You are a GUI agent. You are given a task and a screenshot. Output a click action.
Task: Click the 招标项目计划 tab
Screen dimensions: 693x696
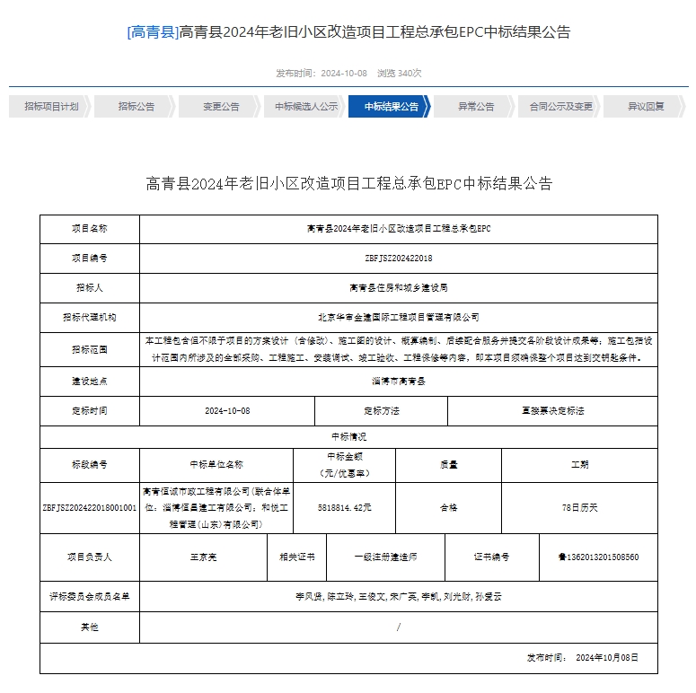[x=51, y=106]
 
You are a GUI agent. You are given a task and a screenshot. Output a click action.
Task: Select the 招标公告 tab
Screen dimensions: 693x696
[x=136, y=106]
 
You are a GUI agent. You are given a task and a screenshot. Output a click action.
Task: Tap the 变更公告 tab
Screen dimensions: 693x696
[x=220, y=106]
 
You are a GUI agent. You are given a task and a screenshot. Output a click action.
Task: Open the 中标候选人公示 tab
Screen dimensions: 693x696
[x=306, y=106]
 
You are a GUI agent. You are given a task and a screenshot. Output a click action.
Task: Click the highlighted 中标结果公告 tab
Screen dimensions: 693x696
[x=392, y=106]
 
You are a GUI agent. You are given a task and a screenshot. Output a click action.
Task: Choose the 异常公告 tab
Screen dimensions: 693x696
[x=476, y=106]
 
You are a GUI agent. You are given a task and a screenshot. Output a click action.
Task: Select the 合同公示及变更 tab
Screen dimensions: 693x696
[x=560, y=106]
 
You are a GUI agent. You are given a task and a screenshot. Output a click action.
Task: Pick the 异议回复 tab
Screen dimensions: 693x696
[x=646, y=106]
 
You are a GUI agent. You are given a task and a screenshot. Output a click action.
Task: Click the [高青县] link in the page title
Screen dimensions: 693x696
[x=153, y=32]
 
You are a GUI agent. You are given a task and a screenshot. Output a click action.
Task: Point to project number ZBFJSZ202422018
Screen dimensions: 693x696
[x=399, y=258]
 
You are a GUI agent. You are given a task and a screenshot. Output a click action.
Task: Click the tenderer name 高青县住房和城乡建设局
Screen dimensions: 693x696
[x=399, y=288]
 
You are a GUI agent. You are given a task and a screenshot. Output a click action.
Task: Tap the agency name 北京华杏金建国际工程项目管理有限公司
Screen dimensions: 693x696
[x=399, y=317]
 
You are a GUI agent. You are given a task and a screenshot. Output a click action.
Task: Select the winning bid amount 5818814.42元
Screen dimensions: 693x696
[x=345, y=507]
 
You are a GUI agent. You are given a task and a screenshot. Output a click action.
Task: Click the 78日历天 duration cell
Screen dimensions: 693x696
[x=579, y=507]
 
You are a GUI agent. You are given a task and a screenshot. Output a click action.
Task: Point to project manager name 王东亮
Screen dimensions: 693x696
[x=203, y=557]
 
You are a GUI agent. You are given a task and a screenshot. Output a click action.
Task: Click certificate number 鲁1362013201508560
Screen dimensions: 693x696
[x=598, y=557]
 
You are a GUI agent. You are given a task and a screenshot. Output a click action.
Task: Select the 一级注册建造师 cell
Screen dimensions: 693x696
[x=385, y=557]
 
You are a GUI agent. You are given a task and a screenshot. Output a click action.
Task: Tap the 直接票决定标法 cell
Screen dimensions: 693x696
[x=552, y=410]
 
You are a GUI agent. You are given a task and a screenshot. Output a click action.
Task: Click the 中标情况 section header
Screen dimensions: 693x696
[x=348, y=436]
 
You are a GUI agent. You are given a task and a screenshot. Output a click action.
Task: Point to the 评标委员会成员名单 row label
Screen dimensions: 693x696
[x=90, y=595]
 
